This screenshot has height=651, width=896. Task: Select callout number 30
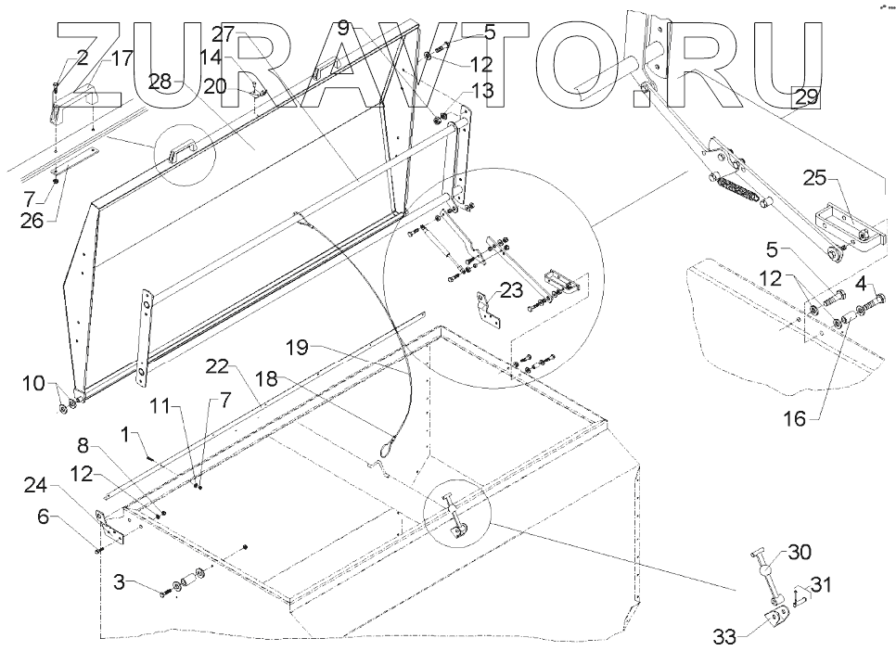(799, 553)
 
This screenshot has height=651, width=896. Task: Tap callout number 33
(726, 636)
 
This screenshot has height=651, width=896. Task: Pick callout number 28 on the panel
(160, 82)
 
